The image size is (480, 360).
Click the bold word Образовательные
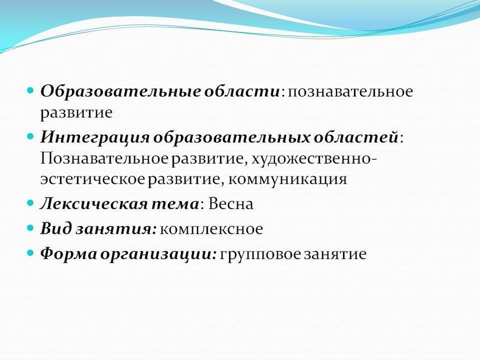click(x=120, y=91)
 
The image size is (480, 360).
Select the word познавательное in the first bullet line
click(x=350, y=92)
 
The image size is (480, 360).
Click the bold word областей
click(x=356, y=137)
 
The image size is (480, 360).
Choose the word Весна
click(x=230, y=204)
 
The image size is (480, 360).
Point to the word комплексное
click(x=211, y=229)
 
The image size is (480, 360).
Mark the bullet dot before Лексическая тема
click(x=30, y=203)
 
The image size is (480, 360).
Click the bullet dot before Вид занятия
click(x=30, y=228)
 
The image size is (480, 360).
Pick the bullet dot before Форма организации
click(x=30, y=253)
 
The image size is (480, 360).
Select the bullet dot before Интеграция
click(x=30, y=136)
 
